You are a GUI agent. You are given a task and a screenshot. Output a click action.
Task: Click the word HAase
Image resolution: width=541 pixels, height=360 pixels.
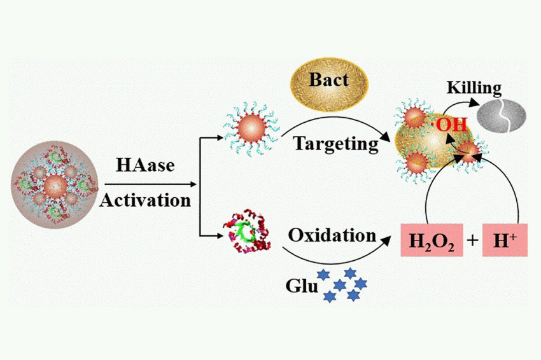pos(145,165)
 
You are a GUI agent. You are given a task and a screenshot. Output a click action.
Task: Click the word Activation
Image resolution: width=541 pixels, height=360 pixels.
pos(145,200)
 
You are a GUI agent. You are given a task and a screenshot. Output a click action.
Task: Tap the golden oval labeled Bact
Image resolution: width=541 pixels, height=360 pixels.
pos(329,85)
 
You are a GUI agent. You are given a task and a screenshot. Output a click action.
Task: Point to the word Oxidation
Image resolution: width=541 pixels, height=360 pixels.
pos(332,235)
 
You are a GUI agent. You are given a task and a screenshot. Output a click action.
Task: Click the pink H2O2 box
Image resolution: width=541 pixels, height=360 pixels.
pos(432,240)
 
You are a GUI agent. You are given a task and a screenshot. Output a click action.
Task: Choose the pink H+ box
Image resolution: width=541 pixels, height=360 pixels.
pos(505,240)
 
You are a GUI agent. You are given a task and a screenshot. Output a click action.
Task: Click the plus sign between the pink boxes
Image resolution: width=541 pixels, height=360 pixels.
pos(472,240)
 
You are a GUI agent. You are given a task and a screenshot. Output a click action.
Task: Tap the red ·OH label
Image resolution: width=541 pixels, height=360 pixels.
pos(449,125)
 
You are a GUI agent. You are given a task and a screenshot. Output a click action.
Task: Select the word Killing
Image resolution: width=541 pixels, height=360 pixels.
pos(474,88)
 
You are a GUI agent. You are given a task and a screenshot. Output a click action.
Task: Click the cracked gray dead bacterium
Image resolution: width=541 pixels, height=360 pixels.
pos(502,116)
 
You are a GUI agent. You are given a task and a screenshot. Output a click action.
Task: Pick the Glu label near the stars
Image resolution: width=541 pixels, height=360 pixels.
pos(302,286)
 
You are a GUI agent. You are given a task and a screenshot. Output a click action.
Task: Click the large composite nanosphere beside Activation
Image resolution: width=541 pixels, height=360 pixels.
pos(55,184)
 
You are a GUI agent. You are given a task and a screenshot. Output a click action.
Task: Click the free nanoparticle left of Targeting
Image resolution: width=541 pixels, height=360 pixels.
pos(251,128)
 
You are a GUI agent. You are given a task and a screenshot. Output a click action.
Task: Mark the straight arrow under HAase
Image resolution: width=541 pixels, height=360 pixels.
pos(150,184)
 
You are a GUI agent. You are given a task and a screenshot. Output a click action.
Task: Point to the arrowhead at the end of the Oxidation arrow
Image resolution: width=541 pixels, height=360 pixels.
pos(387,240)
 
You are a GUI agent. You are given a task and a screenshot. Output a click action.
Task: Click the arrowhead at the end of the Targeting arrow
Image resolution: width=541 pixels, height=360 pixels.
pos(385,137)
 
